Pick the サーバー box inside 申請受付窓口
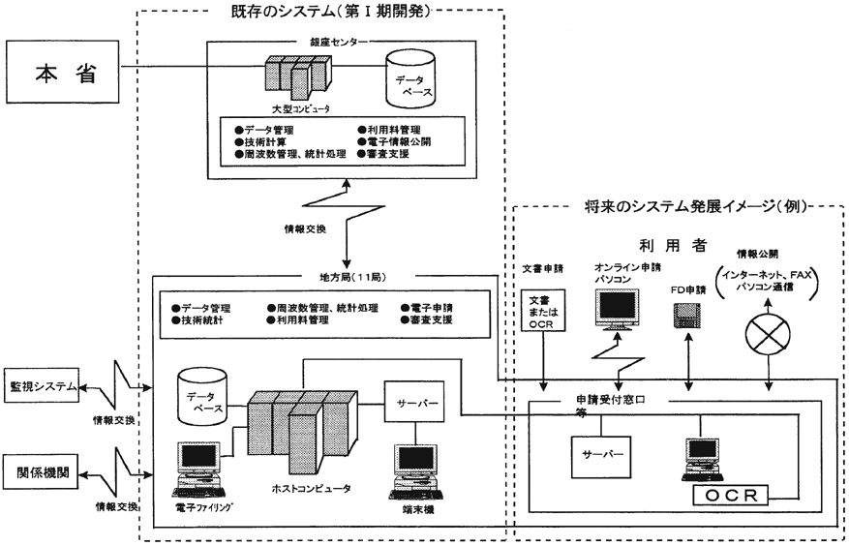click(x=592, y=453)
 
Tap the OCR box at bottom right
click(x=732, y=496)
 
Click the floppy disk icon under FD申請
click(x=686, y=318)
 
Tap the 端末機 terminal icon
click(x=417, y=468)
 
